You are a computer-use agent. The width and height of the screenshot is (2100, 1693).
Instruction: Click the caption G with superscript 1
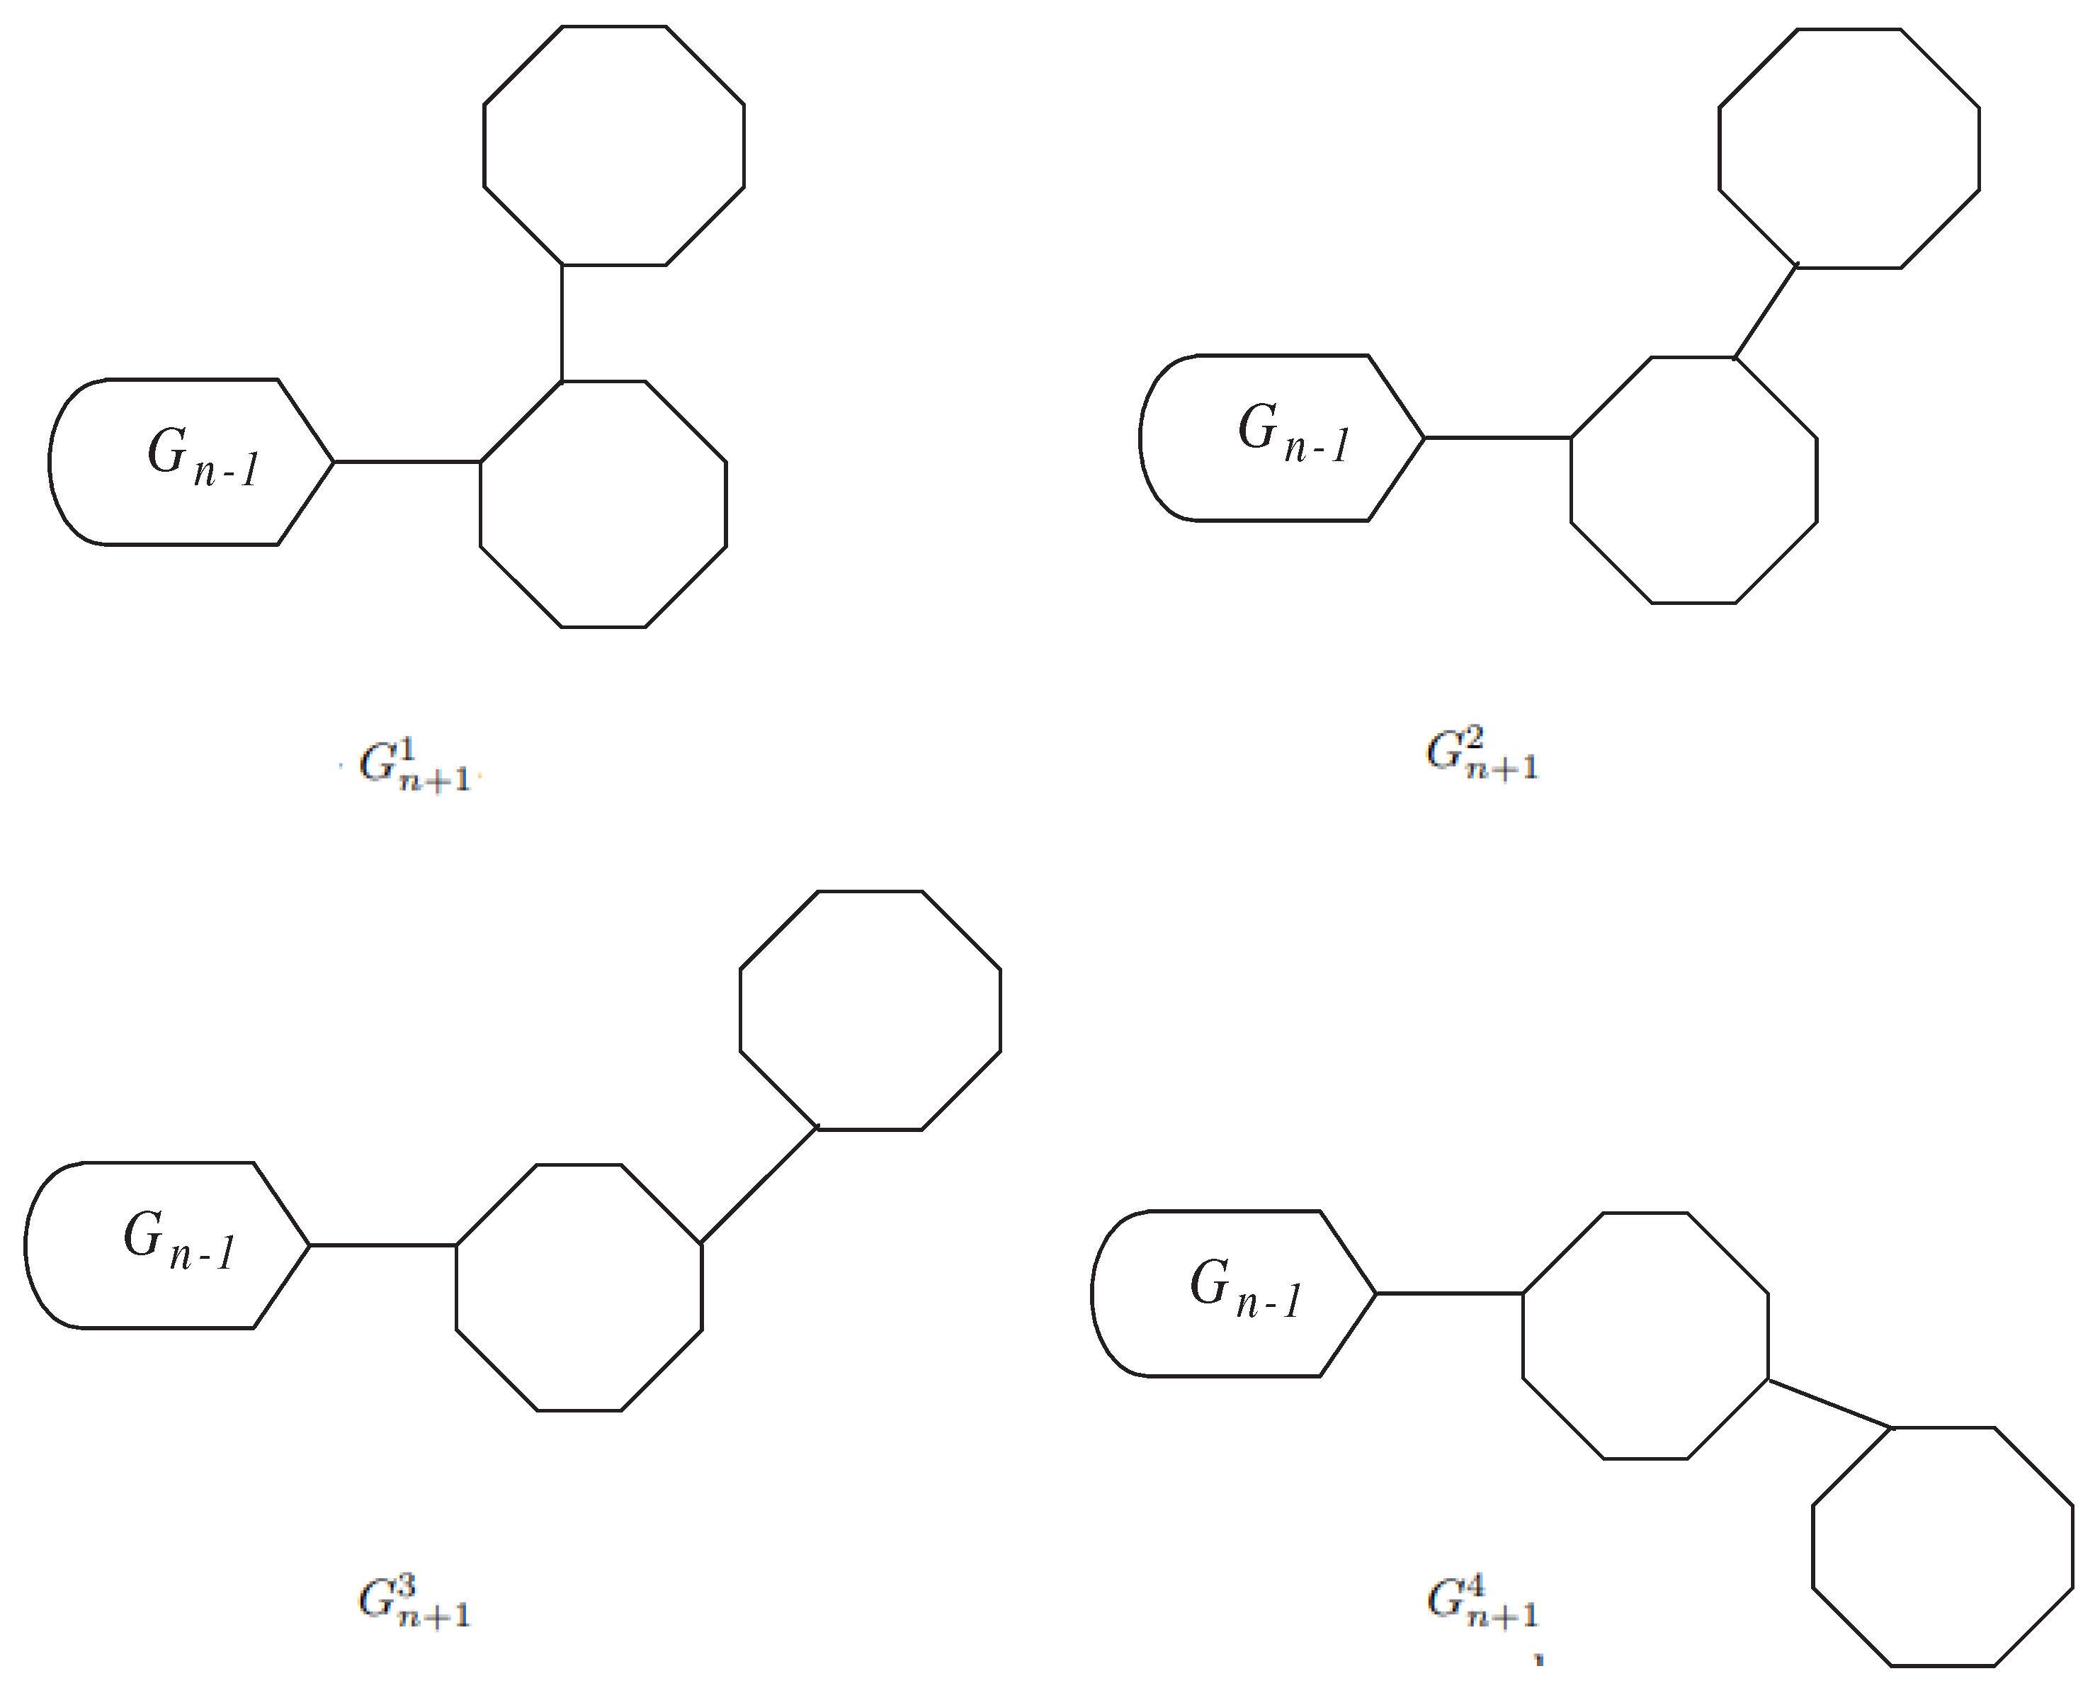(x=415, y=764)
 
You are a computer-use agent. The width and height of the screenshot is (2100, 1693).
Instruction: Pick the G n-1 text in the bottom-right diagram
(x=1246, y=1289)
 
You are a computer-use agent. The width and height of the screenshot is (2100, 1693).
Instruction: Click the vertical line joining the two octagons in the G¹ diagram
(x=562, y=322)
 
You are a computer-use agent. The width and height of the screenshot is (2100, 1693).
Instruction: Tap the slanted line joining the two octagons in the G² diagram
(x=1764, y=312)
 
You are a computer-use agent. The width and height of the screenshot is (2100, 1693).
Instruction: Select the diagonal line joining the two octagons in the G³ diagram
(x=759, y=1186)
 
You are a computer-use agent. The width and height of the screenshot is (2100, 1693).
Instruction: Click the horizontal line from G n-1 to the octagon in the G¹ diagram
(x=407, y=461)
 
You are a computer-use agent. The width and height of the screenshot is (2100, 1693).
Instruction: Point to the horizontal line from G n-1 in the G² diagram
(x=1497, y=438)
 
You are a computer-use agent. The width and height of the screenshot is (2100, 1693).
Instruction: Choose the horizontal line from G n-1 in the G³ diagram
(x=383, y=1245)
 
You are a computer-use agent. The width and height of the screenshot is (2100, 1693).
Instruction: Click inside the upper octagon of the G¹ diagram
(x=614, y=145)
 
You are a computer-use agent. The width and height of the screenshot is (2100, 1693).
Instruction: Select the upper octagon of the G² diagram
(x=1849, y=148)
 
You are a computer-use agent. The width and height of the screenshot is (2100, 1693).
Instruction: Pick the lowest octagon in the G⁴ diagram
(x=1942, y=1546)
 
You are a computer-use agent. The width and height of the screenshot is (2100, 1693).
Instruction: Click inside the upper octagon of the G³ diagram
(x=870, y=1010)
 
